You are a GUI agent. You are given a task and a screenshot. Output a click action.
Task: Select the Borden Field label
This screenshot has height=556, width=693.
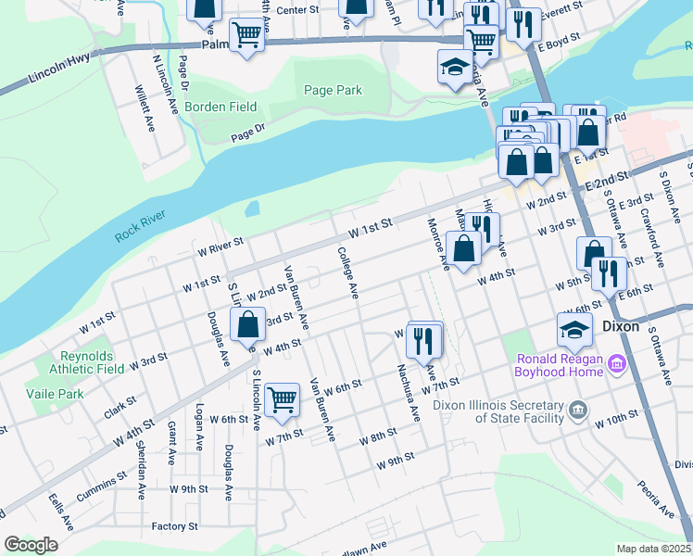(x=220, y=107)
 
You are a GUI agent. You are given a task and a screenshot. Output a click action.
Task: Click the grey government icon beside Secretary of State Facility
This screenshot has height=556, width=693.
(x=577, y=409)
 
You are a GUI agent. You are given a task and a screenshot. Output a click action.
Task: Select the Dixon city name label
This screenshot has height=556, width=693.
(x=622, y=327)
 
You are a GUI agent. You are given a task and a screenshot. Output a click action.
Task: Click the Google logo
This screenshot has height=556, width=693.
(x=31, y=544)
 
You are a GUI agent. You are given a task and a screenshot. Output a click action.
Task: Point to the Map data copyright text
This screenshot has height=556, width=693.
(x=654, y=549)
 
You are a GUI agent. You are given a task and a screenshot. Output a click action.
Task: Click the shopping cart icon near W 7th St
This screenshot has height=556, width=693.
(x=282, y=400)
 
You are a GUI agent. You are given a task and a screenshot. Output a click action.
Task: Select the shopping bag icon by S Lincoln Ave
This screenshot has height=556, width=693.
(x=247, y=326)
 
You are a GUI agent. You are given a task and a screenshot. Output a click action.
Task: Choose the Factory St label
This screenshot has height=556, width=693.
(x=175, y=526)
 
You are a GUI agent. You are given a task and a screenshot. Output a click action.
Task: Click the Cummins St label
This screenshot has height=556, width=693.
(x=102, y=480)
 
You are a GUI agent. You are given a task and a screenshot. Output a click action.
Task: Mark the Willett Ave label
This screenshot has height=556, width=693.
(x=147, y=109)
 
